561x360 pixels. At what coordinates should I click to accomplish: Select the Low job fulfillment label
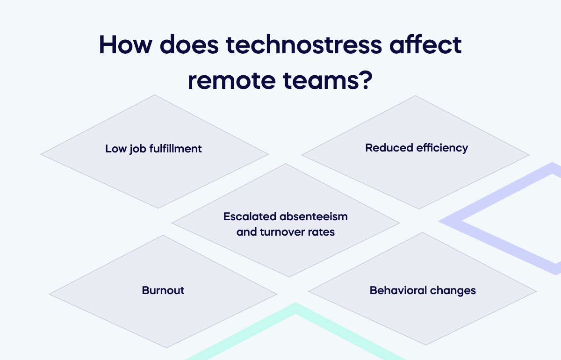(153, 149)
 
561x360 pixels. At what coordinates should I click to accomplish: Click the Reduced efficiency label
(417, 148)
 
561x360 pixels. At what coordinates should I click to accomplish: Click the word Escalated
(250, 217)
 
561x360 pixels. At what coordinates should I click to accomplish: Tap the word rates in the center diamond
(322, 232)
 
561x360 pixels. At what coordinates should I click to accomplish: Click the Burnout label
(163, 290)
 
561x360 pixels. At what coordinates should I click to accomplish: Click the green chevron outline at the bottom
(295, 311)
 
